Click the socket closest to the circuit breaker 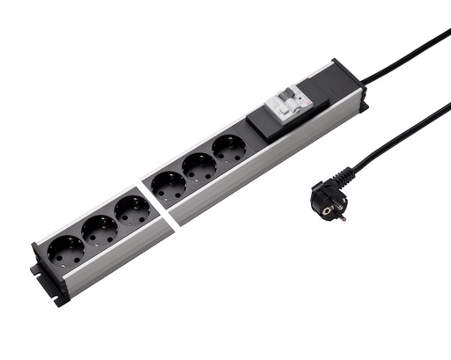point(230,150)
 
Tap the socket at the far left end point(66,252)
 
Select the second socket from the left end point(99,231)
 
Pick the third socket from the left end point(132,211)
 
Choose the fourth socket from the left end point(168,188)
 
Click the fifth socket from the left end point(200,169)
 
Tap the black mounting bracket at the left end point(48,282)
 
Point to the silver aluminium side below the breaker point(308,132)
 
